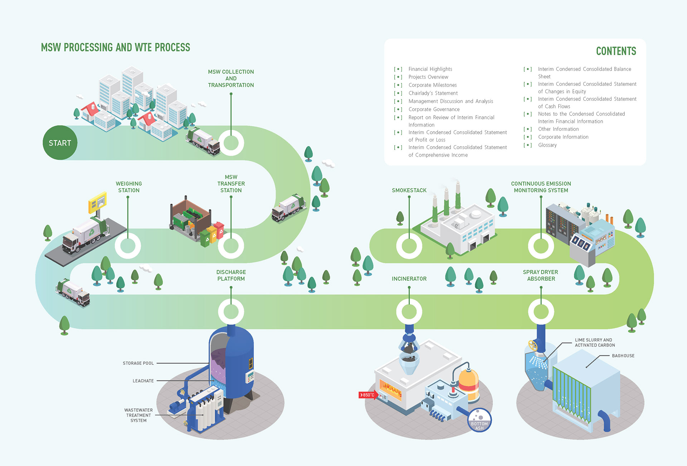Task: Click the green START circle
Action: click(60, 143)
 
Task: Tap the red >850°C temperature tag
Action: click(367, 395)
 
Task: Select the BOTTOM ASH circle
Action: click(479, 420)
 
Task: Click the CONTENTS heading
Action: click(616, 51)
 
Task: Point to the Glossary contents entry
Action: click(547, 145)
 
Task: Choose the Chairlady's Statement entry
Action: click(433, 93)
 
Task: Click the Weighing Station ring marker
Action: click(128, 246)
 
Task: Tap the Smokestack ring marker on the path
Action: click(409, 246)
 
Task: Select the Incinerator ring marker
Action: click(409, 312)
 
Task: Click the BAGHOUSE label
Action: click(623, 355)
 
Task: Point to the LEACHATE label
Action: click(143, 381)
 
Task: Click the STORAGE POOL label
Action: click(138, 363)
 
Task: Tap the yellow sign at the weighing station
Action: click(97, 202)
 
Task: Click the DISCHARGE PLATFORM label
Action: click(231, 275)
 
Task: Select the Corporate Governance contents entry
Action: click(434, 109)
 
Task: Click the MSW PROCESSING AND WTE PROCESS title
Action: click(115, 48)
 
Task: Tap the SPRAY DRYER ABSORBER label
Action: click(541, 275)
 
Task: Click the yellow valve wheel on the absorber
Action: click(533, 345)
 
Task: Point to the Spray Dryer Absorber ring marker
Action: click(541, 312)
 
